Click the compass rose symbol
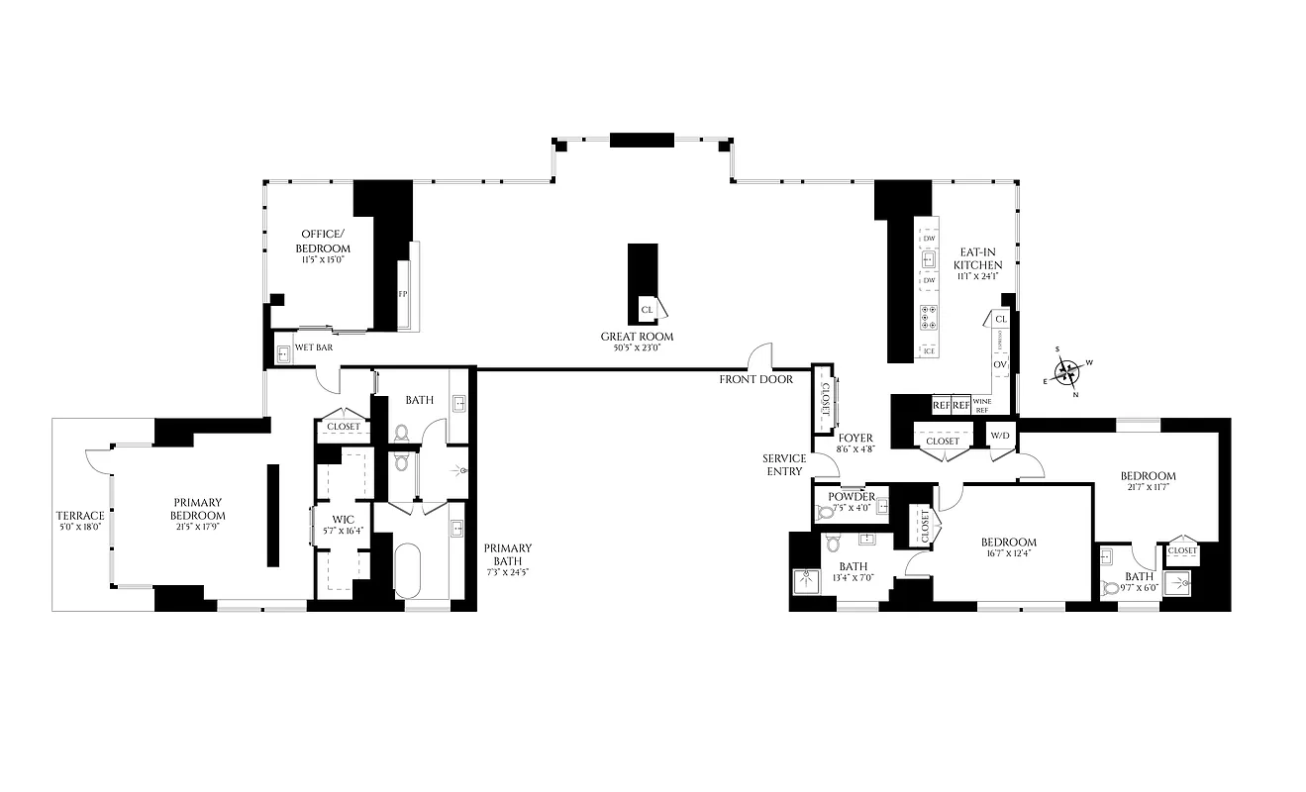click(1066, 372)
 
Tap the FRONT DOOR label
click(755, 379)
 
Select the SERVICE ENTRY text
click(783, 464)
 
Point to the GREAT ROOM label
click(637, 337)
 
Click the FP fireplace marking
click(403, 294)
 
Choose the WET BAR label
click(315, 349)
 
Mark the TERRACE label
click(80, 516)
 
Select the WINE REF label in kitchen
click(981, 405)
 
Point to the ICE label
click(928, 350)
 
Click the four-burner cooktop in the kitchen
click(929, 317)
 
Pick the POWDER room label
click(852, 497)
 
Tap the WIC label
click(344, 519)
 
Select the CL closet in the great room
click(648, 310)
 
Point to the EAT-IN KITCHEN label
click(978, 258)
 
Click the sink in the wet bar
click(283, 352)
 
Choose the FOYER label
click(855, 438)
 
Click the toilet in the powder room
click(825, 513)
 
